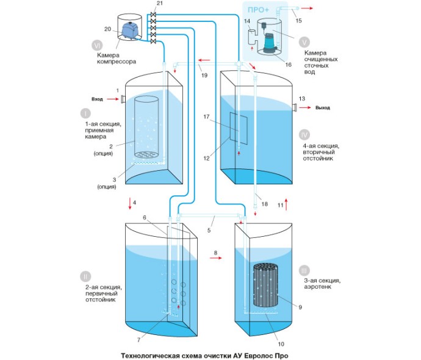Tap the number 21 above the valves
(x=159, y=4)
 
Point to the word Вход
(x=97, y=99)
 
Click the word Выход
(x=323, y=108)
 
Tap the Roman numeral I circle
(x=85, y=113)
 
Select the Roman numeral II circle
(x=85, y=275)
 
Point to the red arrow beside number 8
(x=215, y=259)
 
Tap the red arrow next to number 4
(x=130, y=202)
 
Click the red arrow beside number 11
(x=285, y=204)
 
